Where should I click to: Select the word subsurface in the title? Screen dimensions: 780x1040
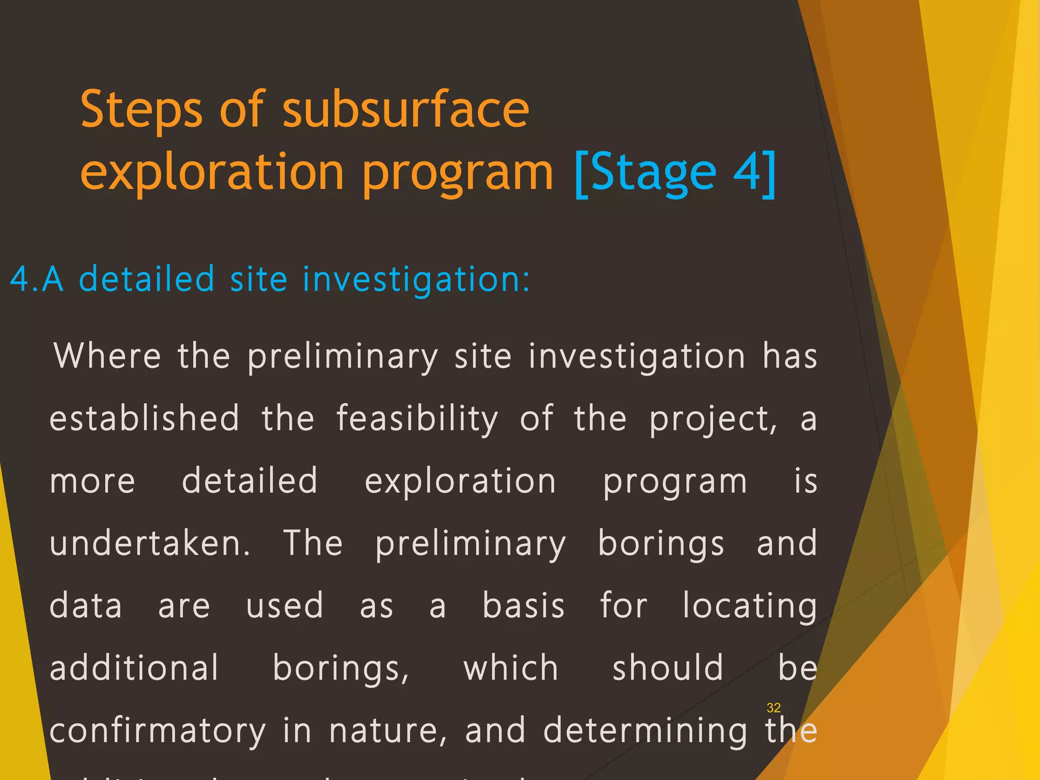pos(405,109)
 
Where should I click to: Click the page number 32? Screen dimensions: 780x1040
pos(773,707)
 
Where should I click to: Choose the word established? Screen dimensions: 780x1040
pos(144,418)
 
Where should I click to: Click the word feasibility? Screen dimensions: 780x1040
pos(417,418)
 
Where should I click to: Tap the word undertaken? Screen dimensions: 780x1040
pos(150,543)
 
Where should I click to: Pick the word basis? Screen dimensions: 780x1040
pos(524,605)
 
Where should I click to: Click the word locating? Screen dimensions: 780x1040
pos(750,606)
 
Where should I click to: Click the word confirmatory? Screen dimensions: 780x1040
pos(158,731)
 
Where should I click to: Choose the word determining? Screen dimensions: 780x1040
pos(645,731)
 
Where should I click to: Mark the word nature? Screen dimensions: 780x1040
pos(388,731)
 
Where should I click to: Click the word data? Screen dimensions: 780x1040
pos(86,605)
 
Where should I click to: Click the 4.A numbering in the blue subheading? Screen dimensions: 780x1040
pos(37,279)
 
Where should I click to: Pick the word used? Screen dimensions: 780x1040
pos(284,605)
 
